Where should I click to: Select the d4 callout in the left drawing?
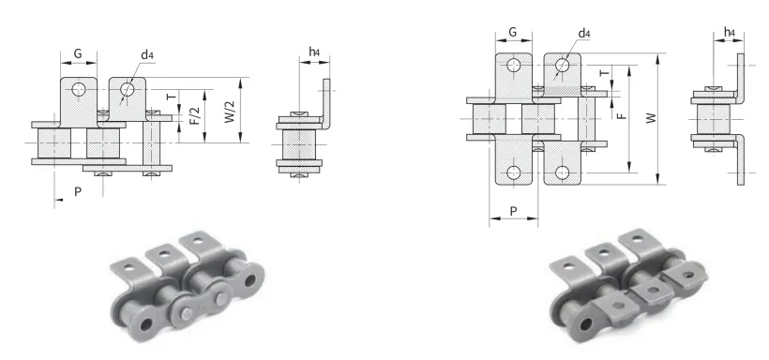147,55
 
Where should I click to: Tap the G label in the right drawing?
512,33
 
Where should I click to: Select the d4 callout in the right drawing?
583,34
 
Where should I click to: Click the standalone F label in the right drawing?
621,116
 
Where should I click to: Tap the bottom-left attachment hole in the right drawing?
514,172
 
